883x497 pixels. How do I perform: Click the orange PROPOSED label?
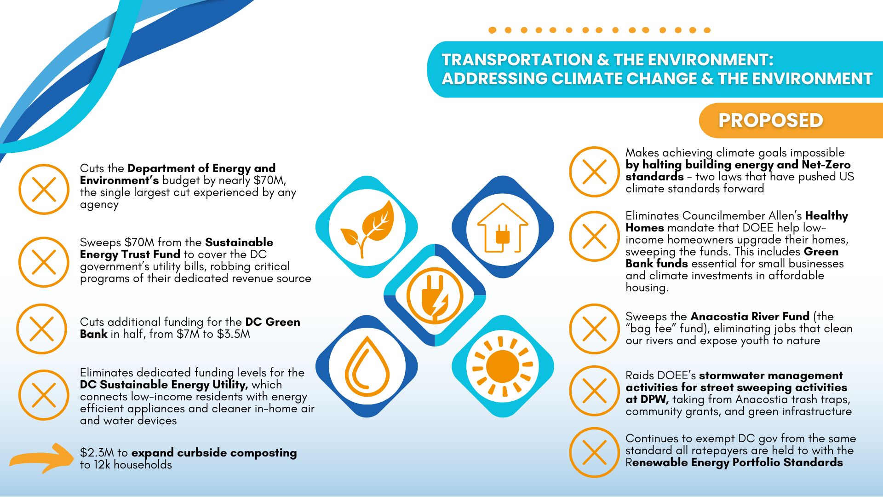click(770, 121)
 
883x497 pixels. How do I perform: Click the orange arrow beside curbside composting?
click(41, 458)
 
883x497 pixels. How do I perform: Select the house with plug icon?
click(502, 228)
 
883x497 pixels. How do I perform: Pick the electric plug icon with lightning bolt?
click(435, 295)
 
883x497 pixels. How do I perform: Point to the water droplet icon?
click(367, 366)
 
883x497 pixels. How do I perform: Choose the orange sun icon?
click(502, 366)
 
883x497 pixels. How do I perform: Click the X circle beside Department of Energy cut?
click(44, 189)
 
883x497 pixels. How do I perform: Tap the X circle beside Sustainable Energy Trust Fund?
click(44, 262)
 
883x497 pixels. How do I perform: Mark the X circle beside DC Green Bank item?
click(42, 329)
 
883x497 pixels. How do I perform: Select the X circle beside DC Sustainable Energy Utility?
click(44, 395)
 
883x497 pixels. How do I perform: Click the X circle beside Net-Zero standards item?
click(595, 172)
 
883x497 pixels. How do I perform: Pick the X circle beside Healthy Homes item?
click(595, 236)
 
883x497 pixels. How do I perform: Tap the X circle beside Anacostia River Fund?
click(595, 329)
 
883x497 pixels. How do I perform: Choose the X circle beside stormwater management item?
click(595, 391)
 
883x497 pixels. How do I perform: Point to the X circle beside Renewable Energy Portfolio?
click(595, 452)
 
